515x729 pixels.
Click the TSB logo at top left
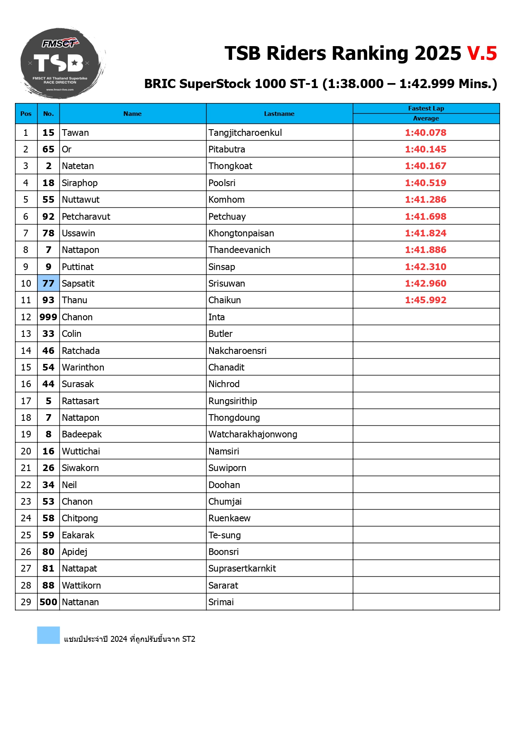pos(61,63)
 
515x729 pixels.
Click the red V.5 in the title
pos(482,54)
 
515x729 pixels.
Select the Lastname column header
pos(279,114)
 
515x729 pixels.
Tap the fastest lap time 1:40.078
pos(426,133)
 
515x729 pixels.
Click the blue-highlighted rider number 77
pos(49,284)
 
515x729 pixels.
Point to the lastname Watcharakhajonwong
pos(253,434)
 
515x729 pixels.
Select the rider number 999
pos(49,317)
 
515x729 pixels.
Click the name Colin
pos(71,334)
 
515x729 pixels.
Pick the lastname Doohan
pos(224,485)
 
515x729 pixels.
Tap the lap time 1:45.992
pos(426,300)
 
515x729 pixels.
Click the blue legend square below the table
pos(49,635)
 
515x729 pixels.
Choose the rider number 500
pos(49,602)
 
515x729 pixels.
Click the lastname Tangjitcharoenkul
pos(245,133)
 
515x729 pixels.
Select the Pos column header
pos(26,114)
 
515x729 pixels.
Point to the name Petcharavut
pos(86,217)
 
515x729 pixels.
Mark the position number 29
pos(26,602)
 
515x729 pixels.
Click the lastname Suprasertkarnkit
pos(242,569)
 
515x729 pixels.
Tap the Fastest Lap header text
pos(426,108)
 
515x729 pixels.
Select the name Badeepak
pos(82,434)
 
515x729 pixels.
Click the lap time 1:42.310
pos(426,267)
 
